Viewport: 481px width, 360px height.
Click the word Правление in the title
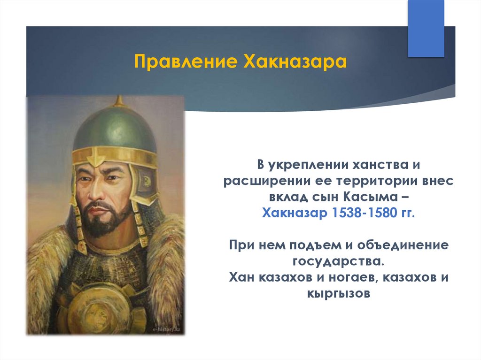(x=186, y=61)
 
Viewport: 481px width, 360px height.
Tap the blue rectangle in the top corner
(x=426, y=28)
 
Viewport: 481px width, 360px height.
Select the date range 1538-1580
(x=365, y=213)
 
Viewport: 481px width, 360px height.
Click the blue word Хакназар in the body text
(x=295, y=213)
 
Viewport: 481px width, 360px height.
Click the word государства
(x=338, y=261)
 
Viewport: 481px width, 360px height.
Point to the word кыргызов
(x=339, y=294)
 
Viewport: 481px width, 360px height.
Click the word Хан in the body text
(x=242, y=277)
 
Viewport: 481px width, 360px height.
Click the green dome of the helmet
(x=115, y=129)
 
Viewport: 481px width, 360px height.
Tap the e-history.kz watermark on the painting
(x=167, y=329)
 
